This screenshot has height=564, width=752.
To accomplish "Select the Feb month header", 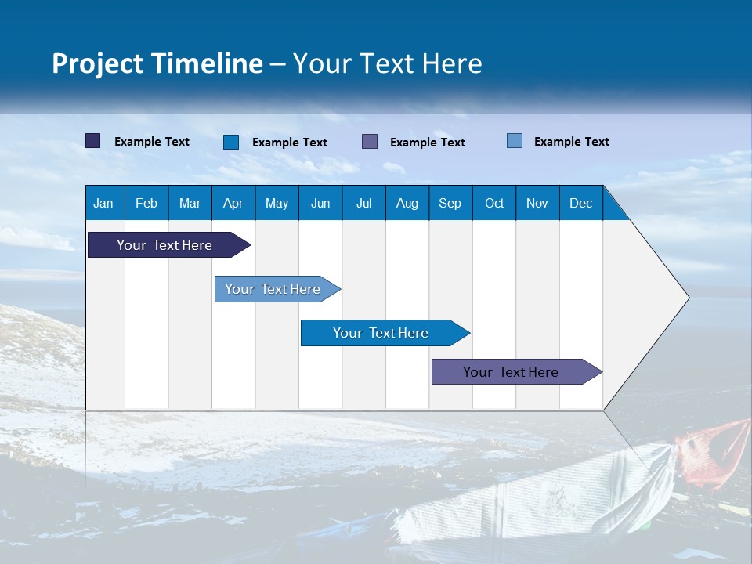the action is [x=146, y=203].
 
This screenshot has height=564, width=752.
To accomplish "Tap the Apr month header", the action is [x=233, y=203].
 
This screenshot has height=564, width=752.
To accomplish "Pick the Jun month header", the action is [x=320, y=203].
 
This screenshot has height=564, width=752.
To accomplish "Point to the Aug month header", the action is [x=407, y=203].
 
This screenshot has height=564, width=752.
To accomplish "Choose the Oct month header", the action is [x=494, y=203].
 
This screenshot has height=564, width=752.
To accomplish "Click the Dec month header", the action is [x=580, y=203].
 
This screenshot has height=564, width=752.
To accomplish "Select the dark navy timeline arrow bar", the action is [x=169, y=244].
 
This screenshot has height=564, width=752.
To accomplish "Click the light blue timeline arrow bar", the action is [x=277, y=289].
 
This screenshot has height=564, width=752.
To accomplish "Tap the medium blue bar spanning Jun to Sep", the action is [x=385, y=333].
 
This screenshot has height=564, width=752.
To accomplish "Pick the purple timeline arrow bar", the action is [x=517, y=371].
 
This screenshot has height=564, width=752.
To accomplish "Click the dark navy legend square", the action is [x=92, y=140].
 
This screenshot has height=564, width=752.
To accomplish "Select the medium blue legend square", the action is [x=230, y=142].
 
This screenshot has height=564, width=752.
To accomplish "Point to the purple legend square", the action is [x=369, y=142].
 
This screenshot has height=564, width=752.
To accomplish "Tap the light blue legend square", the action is [x=514, y=140].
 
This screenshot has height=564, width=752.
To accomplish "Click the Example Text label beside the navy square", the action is [x=151, y=142].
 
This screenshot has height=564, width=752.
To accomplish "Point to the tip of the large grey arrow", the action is [x=689, y=298].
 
